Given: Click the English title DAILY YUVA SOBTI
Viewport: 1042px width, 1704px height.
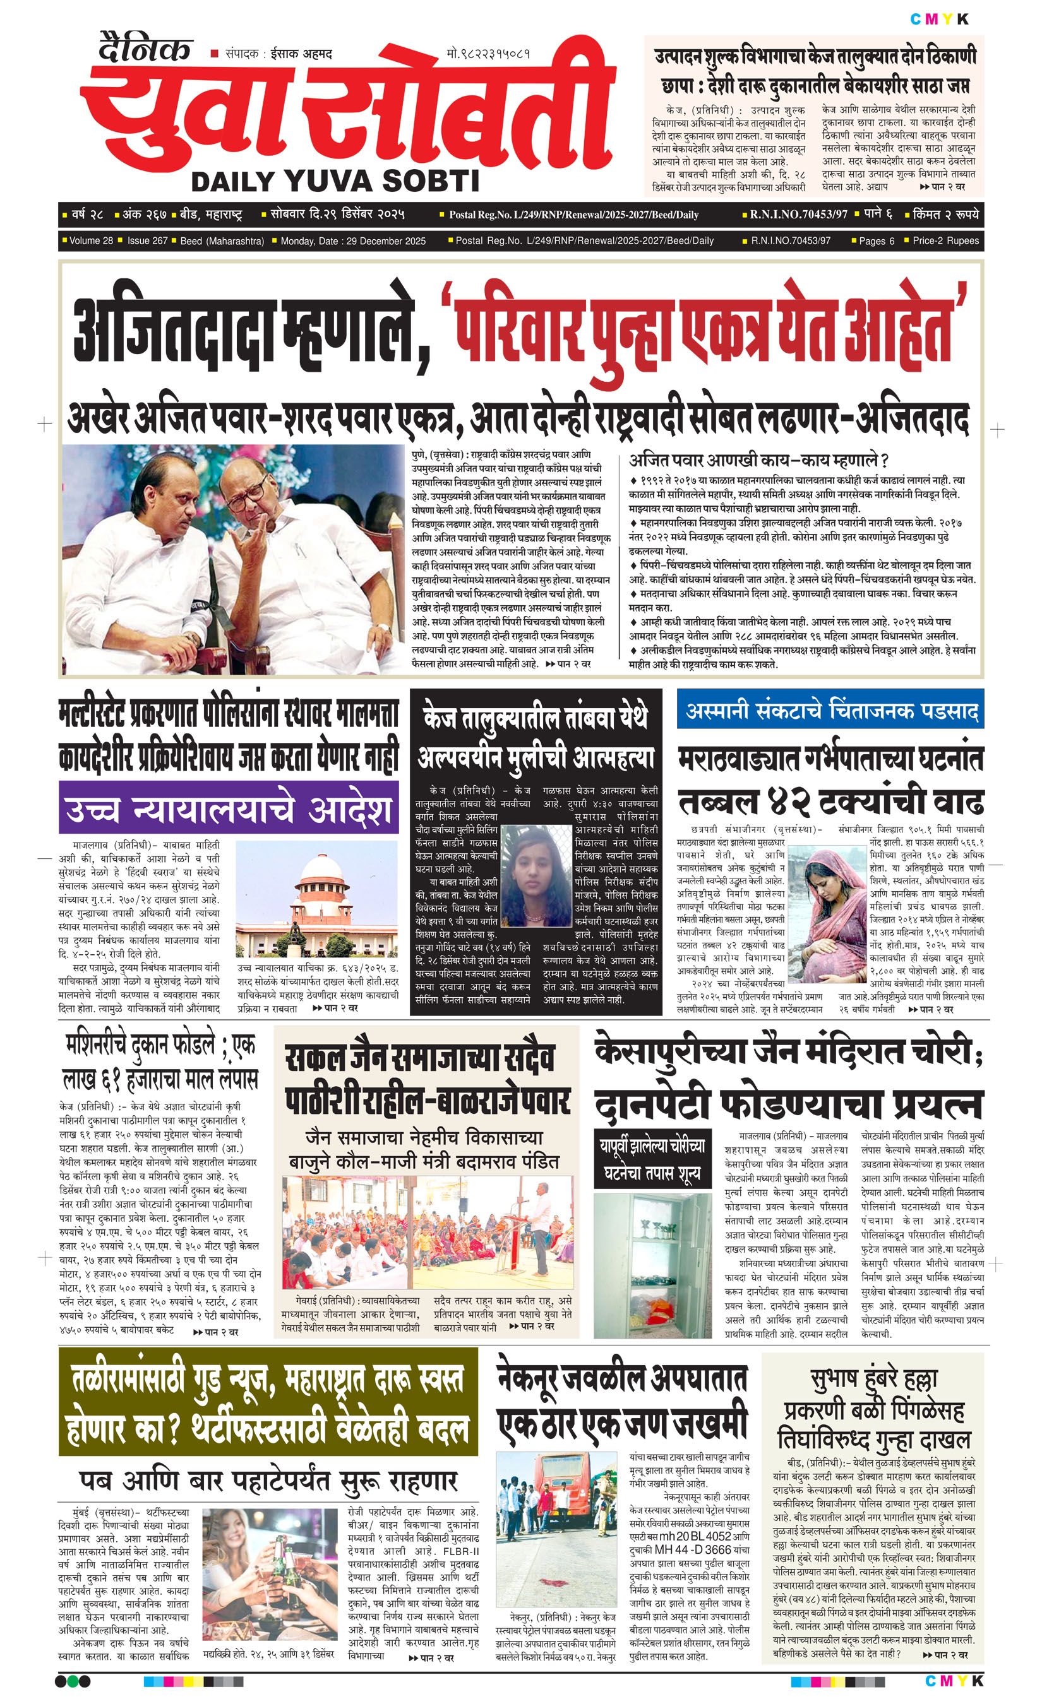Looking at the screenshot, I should pos(335,181).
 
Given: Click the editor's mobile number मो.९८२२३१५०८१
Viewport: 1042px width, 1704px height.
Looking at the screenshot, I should pos(489,53).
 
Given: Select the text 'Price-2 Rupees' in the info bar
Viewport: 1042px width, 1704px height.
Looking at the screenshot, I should pos(945,240).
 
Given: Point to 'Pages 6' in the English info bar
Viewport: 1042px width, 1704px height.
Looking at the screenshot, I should pos(877,240).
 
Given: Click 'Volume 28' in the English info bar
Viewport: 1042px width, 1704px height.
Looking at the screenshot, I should pos(91,240).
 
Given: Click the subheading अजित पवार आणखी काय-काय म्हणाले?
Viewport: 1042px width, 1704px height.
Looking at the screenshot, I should pos(758,460).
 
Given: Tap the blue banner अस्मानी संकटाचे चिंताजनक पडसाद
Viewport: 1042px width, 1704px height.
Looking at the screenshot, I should pos(830,710).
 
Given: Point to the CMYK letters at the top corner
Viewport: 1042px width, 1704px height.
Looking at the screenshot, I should pos(939,19).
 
